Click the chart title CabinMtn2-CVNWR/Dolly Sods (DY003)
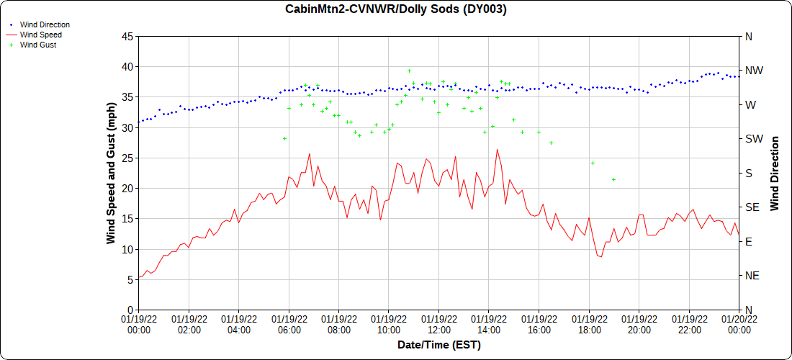[396, 9]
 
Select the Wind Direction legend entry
[45, 24]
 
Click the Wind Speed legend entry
[40, 35]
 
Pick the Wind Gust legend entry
[38, 45]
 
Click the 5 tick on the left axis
[129, 279]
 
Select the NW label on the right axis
[753, 71]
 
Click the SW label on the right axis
[753, 139]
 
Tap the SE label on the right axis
[752, 207]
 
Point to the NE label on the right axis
[752, 276]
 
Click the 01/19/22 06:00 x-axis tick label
[289, 324]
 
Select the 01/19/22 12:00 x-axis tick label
[438, 324]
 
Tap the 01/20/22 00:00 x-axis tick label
[739, 324]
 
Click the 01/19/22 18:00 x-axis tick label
[589, 324]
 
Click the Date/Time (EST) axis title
[438, 345]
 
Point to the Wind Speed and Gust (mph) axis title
[111, 173]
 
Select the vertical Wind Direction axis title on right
[775, 173]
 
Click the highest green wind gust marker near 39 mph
[409, 71]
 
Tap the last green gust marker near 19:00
[613, 179]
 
